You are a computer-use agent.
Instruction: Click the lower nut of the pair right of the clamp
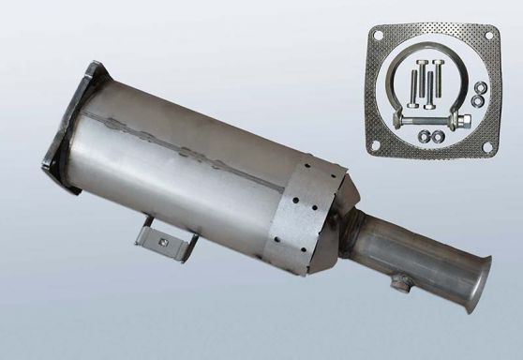[x=479, y=98]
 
